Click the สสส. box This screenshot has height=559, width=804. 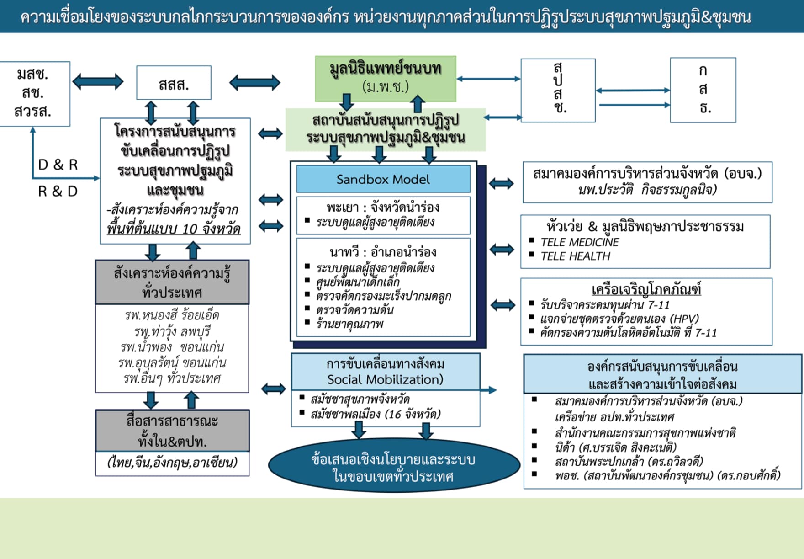pos(174,83)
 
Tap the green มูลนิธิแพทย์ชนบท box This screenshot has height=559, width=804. pos(386,78)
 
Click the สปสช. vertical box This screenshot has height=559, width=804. pos(558,90)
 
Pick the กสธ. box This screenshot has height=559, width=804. pos(703,90)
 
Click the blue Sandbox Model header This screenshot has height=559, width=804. pos(383,179)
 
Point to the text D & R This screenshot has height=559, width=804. pos(58,165)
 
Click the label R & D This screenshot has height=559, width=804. pos(58,191)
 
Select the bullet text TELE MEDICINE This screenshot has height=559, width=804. pos(579,242)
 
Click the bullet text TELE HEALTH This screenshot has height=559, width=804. pos(575,256)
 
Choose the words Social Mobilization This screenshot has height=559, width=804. pos(385,380)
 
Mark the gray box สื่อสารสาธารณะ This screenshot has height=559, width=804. pos(172,431)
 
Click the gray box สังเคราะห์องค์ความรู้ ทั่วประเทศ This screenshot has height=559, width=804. pos(172,282)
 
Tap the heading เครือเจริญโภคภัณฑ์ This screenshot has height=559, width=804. pos(645,290)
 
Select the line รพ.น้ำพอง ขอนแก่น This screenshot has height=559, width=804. pos(172,347)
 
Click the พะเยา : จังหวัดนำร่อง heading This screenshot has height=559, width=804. pos(383,208)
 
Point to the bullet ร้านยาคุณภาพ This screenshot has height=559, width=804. pos(349,324)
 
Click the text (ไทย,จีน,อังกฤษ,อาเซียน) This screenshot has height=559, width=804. pos(172,463)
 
